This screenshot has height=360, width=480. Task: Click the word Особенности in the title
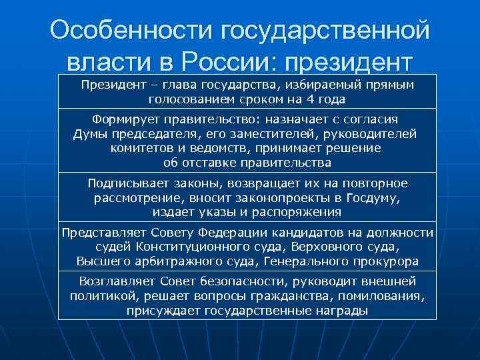point(133,30)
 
